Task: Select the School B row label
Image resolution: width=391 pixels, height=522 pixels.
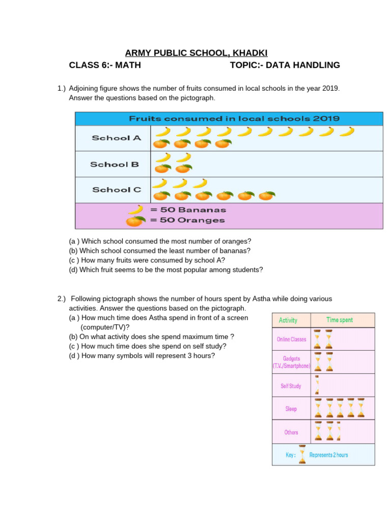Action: click(114, 164)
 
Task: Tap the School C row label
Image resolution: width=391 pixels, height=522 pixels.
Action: click(117, 190)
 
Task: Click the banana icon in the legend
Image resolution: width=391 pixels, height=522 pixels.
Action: click(135, 210)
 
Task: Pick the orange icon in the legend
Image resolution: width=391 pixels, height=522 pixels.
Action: click(135, 221)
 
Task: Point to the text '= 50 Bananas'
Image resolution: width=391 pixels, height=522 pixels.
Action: click(187, 210)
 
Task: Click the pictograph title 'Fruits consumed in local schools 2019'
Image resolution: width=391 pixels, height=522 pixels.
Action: click(234, 118)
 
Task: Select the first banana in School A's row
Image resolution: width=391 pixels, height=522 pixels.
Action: click(162, 132)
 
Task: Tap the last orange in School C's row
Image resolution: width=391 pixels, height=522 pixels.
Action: click(267, 195)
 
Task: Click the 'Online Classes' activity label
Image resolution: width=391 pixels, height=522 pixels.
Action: click(291, 340)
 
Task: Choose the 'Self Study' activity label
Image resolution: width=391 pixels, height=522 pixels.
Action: click(291, 386)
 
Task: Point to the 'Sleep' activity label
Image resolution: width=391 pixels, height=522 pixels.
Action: click(291, 409)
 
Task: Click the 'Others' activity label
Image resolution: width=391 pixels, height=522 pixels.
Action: click(291, 432)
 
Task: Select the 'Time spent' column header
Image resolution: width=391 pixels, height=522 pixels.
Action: click(339, 320)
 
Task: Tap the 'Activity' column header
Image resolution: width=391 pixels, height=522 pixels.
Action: click(288, 321)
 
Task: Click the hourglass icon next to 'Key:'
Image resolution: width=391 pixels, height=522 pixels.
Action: click(302, 455)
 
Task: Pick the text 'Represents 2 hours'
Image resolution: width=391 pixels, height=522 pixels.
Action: click(328, 455)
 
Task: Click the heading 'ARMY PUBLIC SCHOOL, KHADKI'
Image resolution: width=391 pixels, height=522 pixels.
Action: click(196, 53)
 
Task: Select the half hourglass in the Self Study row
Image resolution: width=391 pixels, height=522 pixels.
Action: click(317, 385)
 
